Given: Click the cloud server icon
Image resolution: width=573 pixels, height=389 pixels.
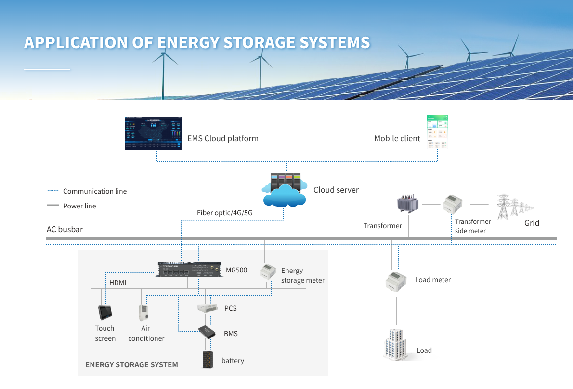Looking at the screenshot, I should tap(285, 191).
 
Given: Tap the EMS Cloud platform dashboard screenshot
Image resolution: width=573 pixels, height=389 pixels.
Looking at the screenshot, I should tap(153, 133).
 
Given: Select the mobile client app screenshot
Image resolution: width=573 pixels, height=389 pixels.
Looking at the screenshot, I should tap(437, 131).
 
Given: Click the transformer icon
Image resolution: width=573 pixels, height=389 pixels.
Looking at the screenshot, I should tap(408, 205).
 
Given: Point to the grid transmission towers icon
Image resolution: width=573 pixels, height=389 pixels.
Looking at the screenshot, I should tap(513, 206).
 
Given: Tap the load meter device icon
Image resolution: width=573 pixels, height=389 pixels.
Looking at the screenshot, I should tap(396, 281).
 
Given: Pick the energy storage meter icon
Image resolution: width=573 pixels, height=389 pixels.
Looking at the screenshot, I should tap(267, 272).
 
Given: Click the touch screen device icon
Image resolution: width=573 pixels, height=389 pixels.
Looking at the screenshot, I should tap(104, 312).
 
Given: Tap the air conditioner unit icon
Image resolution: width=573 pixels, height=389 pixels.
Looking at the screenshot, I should tap(144, 312).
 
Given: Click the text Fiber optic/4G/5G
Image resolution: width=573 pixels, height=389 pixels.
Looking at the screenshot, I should tap(224, 213).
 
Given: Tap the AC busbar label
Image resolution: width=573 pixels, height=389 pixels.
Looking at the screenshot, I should tap(65, 229).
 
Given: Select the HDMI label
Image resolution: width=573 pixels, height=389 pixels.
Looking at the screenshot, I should tap(117, 283).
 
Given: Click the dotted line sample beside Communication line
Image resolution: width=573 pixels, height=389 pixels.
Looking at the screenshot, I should tap(52, 191).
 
